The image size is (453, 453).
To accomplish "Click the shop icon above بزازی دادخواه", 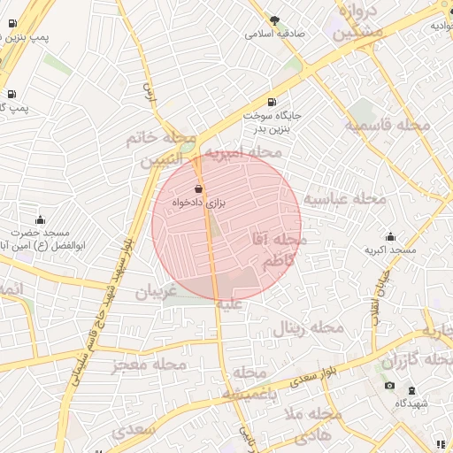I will point(198,188).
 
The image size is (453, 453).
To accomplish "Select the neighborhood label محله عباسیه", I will point(345,199).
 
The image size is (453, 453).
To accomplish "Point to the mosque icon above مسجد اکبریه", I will point(391,237).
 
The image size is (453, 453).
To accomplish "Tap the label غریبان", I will point(157,291).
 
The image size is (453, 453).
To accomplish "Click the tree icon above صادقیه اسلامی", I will point(274,19).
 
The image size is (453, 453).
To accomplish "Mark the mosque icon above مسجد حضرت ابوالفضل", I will point(40,219).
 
